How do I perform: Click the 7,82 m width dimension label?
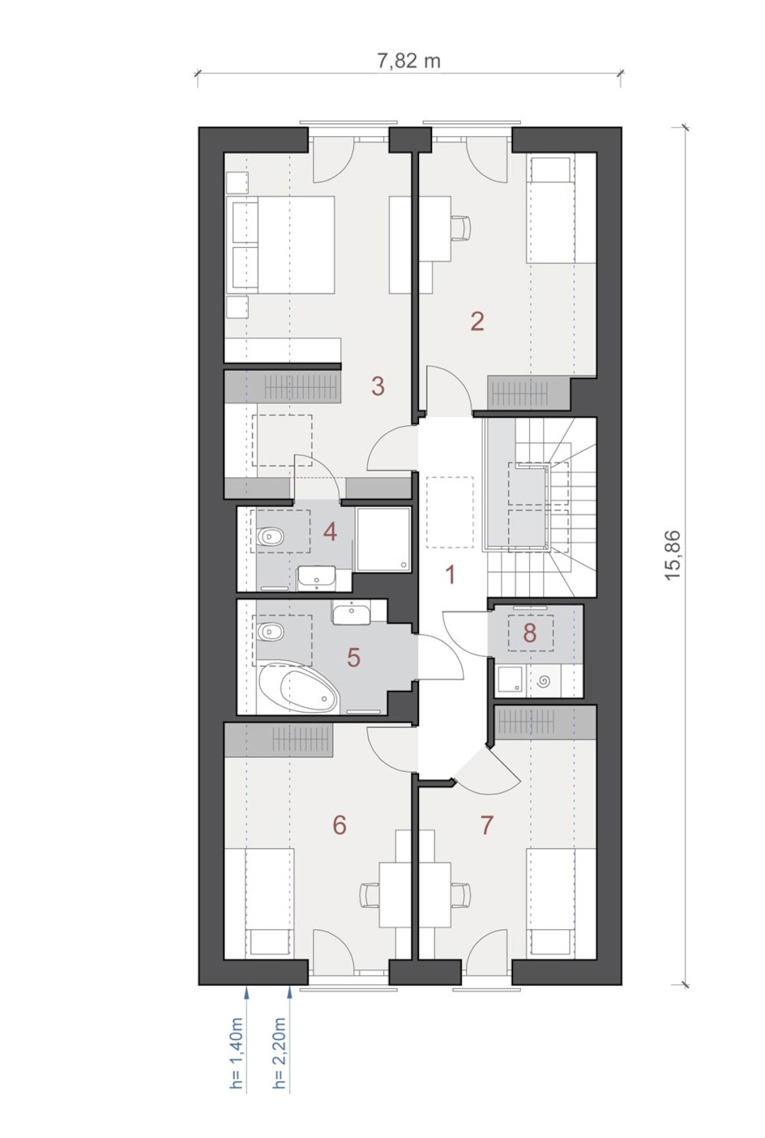(408, 61)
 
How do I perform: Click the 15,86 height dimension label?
(672, 556)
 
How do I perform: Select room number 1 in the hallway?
(450, 576)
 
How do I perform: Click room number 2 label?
(477, 322)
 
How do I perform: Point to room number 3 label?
(378, 386)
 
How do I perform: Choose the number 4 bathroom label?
(330, 532)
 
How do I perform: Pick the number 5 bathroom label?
(353, 658)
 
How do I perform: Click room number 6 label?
(340, 825)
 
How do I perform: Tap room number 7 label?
(486, 825)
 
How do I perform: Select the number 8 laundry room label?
(530, 633)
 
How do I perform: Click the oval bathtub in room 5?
(298, 689)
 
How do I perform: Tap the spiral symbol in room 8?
(543, 680)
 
